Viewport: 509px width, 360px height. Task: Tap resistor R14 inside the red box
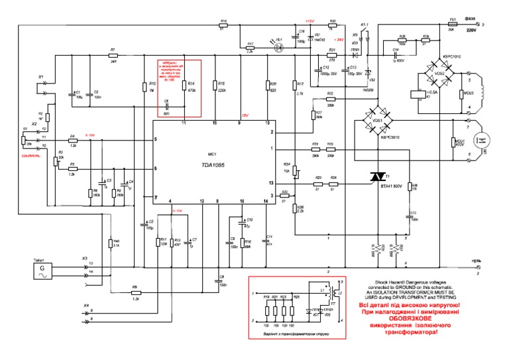coord(184,84)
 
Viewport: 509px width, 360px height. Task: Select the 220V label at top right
coord(471,30)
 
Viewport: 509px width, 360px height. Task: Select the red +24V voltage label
coord(339,40)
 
